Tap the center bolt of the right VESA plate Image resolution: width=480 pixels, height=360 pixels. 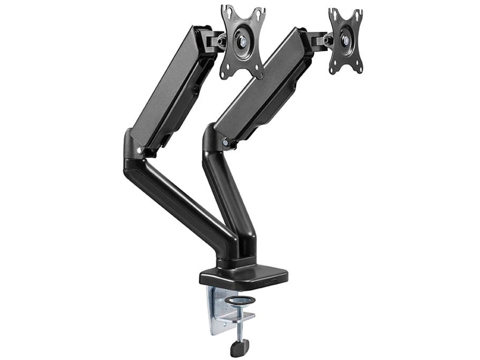click(x=346, y=40)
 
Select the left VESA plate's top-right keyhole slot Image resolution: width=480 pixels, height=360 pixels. click(x=259, y=13)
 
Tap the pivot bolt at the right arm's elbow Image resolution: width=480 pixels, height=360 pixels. click(x=226, y=143)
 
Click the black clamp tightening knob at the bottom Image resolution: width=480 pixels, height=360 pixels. click(x=236, y=348)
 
